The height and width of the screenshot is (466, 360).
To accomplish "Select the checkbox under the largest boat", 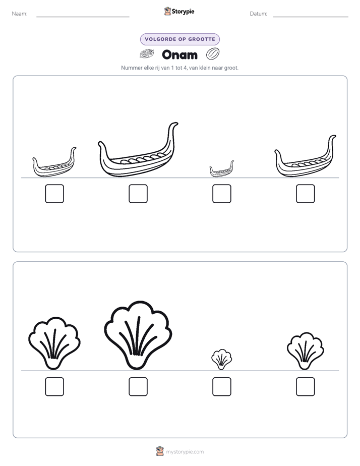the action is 138,194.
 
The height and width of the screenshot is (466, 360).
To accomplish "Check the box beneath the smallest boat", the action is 222,194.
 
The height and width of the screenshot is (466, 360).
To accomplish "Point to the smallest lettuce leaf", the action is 221,359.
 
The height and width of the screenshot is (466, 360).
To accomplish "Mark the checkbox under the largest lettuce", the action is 138,387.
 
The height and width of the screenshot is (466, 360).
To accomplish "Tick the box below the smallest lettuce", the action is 222,387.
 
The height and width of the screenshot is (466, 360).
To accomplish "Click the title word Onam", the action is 179,54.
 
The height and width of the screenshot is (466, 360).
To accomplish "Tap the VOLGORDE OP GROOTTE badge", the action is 180,39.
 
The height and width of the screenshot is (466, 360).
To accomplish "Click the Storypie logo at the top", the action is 179,11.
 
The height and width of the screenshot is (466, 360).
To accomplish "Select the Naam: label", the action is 20,14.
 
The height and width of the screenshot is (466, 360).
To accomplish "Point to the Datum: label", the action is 259,14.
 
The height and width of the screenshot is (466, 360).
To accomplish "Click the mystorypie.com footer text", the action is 185,452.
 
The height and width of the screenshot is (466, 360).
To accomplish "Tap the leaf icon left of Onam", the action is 147,54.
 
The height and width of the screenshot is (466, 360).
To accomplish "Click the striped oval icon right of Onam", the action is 213,54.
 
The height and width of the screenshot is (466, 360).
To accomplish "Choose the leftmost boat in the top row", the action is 54,163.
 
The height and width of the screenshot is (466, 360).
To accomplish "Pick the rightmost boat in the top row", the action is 305,157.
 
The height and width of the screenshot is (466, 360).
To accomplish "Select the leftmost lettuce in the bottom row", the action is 54,343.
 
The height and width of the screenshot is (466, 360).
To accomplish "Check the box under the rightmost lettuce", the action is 306,387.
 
